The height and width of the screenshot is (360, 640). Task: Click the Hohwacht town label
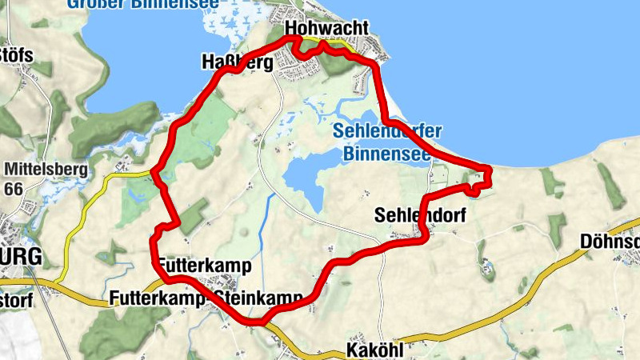point(326,29)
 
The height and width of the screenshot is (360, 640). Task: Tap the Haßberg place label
point(237,62)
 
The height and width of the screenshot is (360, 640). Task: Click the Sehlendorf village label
point(419,215)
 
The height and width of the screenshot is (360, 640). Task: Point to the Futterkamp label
point(205,265)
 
